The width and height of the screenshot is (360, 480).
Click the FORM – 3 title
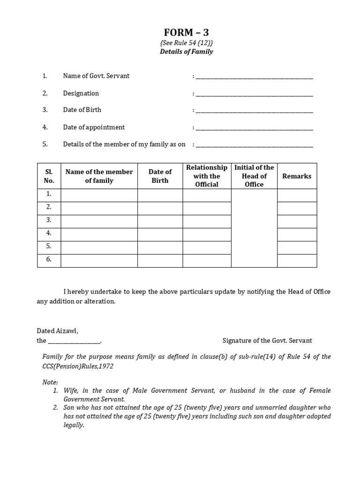(186, 32)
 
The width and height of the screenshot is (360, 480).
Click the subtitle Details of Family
(186, 52)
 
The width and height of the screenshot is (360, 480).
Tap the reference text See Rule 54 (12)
(186, 42)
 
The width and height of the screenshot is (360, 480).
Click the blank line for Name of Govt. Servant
(254, 77)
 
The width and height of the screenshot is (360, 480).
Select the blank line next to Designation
(254, 94)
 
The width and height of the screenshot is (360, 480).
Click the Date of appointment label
(94, 127)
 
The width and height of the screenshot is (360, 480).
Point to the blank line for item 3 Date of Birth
(254, 111)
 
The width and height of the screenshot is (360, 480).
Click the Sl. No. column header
(49, 176)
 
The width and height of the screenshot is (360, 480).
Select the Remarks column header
(297, 176)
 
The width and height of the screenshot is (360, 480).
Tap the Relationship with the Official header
(207, 176)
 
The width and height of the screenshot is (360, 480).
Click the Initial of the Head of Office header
(254, 176)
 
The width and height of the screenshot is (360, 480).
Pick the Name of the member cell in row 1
(99, 195)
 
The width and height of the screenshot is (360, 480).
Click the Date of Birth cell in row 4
(160, 234)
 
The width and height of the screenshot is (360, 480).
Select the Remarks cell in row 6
(297, 260)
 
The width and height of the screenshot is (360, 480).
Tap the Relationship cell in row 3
(207, 221)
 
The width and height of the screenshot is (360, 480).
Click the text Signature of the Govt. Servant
(267, 341)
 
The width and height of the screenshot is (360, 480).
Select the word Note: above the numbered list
(50, 382)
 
